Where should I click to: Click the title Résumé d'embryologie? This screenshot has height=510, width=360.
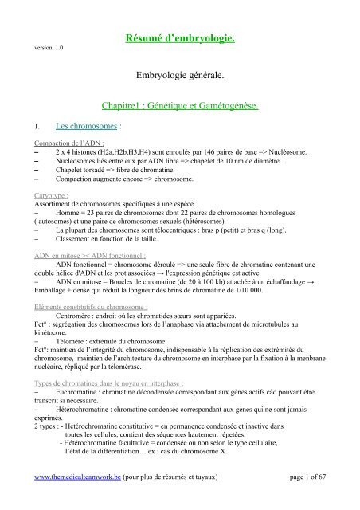(x=200, y=37)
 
